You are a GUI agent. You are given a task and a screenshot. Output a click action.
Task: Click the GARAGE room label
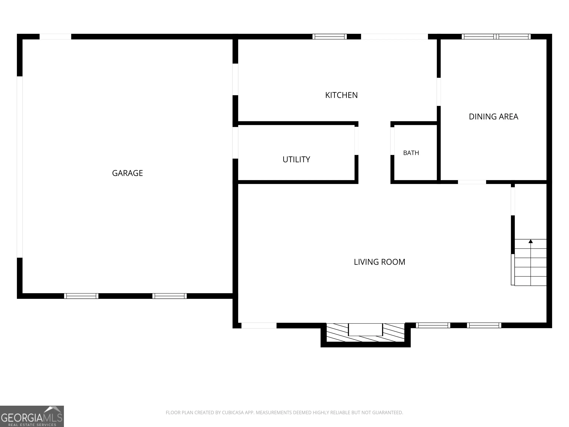[127, 173]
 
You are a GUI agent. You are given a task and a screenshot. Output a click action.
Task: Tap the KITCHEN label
[341, 95]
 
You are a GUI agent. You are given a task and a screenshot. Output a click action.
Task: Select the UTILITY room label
[296, 160]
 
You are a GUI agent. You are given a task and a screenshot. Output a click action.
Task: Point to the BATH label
[411, 153]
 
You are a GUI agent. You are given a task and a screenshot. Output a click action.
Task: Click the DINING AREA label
[493, 117]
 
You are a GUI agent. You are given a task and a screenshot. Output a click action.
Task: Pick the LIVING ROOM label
[379, 262]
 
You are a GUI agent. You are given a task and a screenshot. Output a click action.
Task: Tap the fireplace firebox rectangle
[365, 330]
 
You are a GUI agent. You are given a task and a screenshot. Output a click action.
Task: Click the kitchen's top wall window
[330, 37]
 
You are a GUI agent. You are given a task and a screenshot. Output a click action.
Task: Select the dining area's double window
[496, 37]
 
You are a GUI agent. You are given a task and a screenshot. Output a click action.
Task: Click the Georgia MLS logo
[32, 416]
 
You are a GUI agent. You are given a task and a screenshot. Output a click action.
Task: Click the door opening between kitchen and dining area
[439, 92]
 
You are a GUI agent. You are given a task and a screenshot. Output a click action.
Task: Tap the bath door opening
[392, 141]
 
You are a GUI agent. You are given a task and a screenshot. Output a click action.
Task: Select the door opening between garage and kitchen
[235, 79]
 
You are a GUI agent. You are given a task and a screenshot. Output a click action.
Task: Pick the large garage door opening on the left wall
[20, 167]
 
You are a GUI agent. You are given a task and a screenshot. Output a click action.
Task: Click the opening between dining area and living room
[472, 182]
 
